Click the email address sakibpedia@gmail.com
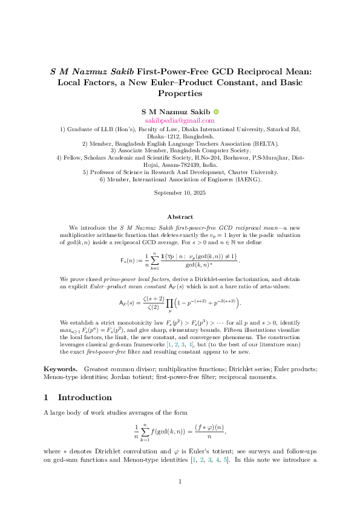180,121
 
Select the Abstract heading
180,217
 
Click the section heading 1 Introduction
78,398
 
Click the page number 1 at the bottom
180,481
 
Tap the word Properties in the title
180,94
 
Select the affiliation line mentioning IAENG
180,179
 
